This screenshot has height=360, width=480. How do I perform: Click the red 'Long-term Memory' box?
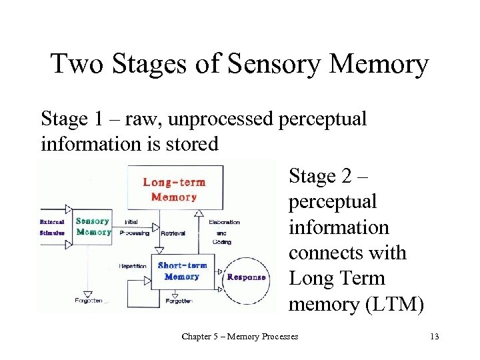[x=174, y=189]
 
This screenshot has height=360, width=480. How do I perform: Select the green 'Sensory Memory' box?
[x=93, y=227]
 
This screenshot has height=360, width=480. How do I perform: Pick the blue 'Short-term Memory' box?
[x=182, y=271]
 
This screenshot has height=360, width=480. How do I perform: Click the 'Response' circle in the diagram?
[x=246, y=277]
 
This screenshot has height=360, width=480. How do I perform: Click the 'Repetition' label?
[x=133, y=265]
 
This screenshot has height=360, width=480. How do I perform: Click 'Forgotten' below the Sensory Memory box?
[x=88, y=301]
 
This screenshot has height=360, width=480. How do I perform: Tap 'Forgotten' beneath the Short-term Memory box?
[x=179, y=301]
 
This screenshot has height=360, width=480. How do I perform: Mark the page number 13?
[x=455, y=336]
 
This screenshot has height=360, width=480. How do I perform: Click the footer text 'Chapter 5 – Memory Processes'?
[x=240, y=336]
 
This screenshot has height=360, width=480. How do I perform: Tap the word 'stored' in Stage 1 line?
[x=192, y=144]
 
